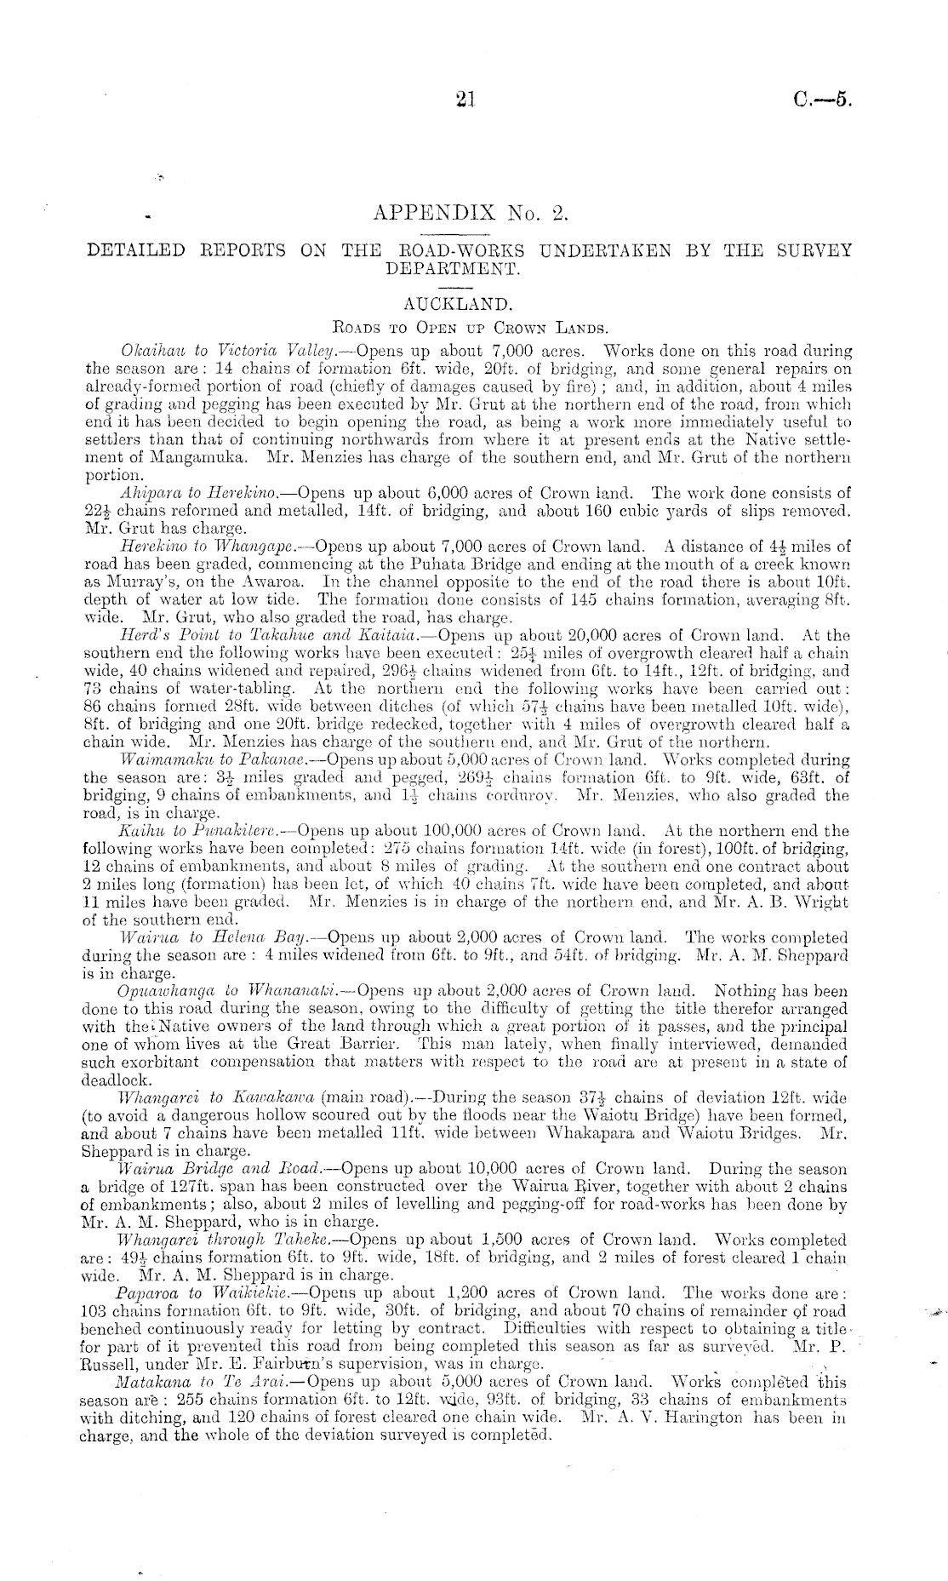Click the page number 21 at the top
pos(465,100)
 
